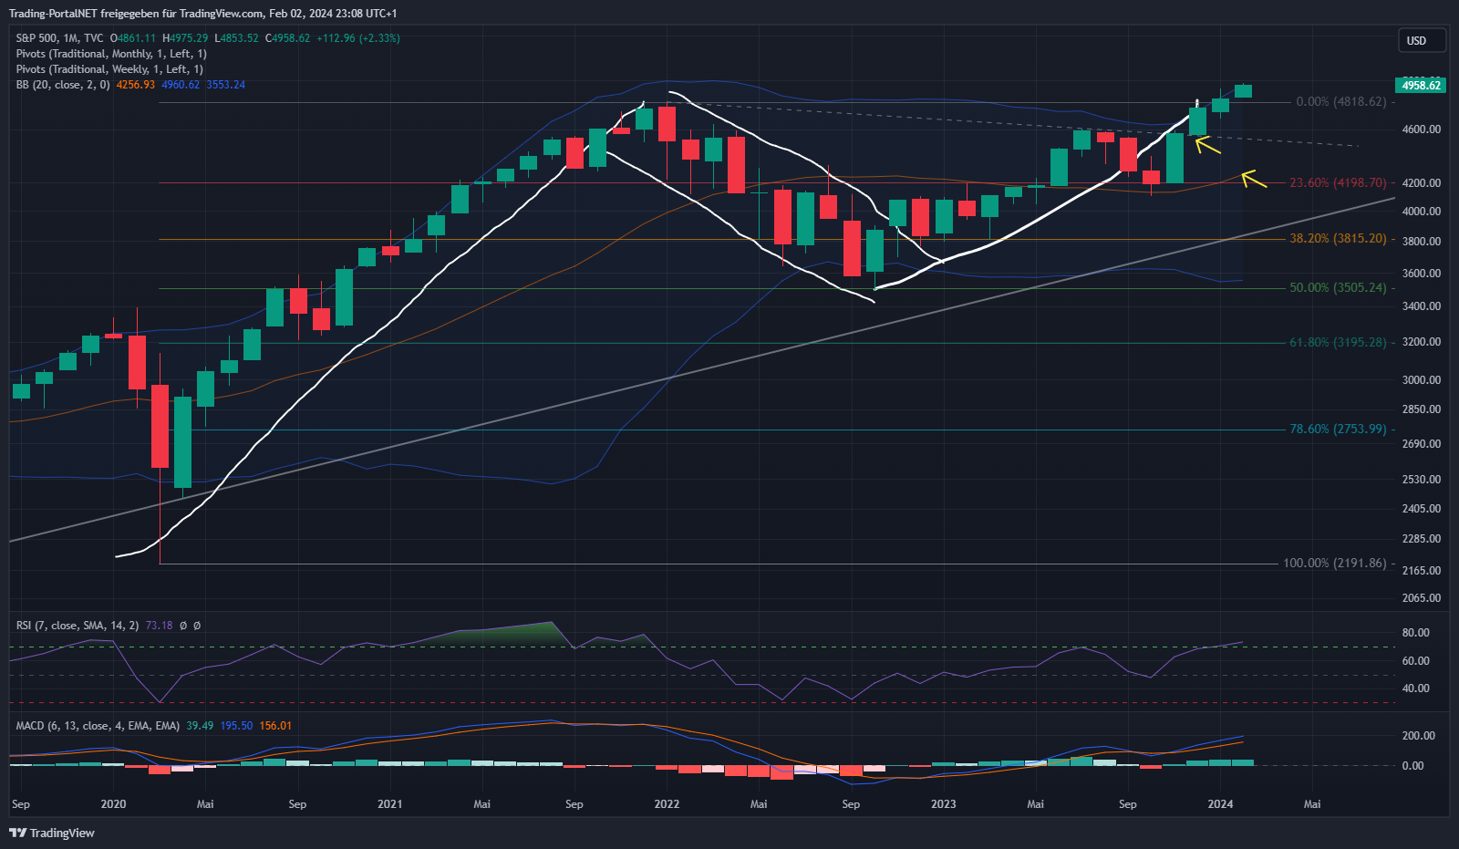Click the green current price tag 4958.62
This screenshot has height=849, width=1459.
coord(1421,85)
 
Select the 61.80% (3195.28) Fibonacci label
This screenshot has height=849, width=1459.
coord(1337,343)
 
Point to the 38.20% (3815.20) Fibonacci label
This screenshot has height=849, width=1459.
coord(1337,239)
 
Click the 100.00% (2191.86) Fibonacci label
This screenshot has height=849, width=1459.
coord(1334,564)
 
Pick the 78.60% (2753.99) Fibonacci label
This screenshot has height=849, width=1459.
coord(1337,430)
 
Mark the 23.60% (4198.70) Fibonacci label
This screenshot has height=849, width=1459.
coord(1337,183)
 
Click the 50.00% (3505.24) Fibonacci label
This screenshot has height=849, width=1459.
coord(1337,288)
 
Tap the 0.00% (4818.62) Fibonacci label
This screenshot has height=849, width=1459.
coord(1340,102)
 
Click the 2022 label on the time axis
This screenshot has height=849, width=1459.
coord(667,804)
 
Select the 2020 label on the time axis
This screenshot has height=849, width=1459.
coord(113,804)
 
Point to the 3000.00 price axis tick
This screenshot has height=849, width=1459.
coord(1421,380)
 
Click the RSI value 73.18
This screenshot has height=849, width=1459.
coord(159,626)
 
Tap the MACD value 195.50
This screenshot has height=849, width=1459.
coord(236,726)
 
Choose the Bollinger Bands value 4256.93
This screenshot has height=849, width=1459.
coord(135,85)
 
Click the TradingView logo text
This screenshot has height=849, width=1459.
coord(61,833)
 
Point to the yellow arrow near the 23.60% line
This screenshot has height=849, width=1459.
coord(1254,179)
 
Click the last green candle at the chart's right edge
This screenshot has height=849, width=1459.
coord(1243,90)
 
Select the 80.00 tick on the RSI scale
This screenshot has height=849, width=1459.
coord(1415,633)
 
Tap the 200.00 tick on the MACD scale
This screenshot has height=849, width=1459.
coord(1418,736)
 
